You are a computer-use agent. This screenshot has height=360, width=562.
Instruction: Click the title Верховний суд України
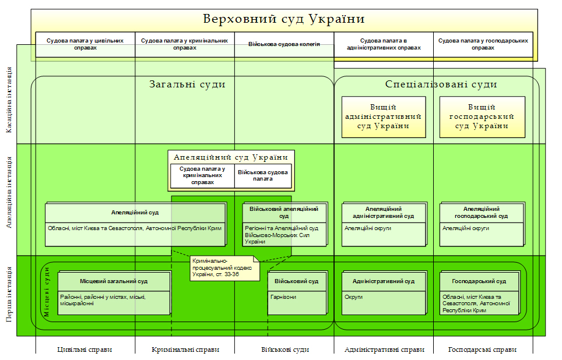pyautogui.click(x=283, y=19)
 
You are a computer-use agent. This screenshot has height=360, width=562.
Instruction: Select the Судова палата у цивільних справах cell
pyautogui.click(x=85, y=44)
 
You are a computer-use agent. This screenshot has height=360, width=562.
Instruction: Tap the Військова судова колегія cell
pyautogui.click(x=284, y=44)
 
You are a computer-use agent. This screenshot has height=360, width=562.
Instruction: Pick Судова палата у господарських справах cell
pyautogui.click(x=483, y=44)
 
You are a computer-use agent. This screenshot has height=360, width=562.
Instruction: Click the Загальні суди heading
pyautogui.click(x=187, y=84)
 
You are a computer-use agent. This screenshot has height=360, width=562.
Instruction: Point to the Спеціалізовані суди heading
pyautogui.click(x=441, y=84)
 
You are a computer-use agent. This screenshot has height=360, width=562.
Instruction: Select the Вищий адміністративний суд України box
pyautogui.click(x=384, y=117)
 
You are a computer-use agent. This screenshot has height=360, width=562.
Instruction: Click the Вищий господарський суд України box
pyautogui.click(x=482, y=117)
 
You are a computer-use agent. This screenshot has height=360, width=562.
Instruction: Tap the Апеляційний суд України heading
pyautogui.click(x=231, y=157)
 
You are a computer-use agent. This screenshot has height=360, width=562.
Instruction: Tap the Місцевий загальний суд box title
pyautogui.click(x=114, y=281)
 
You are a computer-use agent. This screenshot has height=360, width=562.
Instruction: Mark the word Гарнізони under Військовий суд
pyautogui.click(x=283, y=297)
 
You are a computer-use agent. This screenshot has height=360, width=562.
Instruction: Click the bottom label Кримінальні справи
pyautogui.click(x=185, y=350)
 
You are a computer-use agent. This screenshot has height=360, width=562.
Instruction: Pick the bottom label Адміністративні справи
pyautogui.click(x=384, y=350)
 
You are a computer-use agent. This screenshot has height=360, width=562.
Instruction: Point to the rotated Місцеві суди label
pyautogui.click(x=47, y=291)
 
